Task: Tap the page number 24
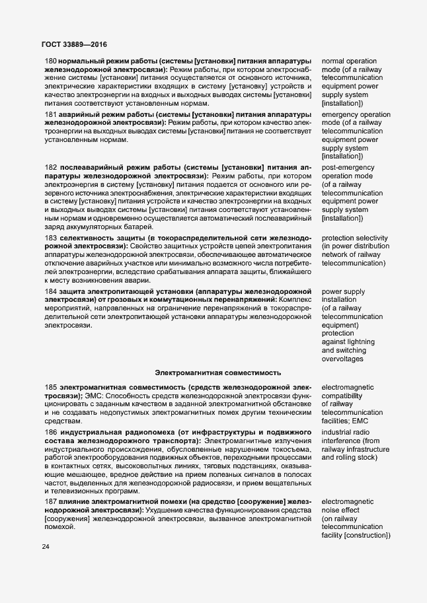[x=46, y=547]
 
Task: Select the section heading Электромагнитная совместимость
[x=219, y=372]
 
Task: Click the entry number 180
[x=51, y=61]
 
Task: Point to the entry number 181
[x=51, y=114]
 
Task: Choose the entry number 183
[x=51, y=237]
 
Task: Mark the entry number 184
[x=51, y=291]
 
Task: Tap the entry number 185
[x=51, y=386]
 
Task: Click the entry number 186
[x=51, y=431]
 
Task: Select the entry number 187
[x=51, y=503]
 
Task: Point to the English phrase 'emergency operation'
[x=356, y=114]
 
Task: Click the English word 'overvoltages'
[x=346, y=359]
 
